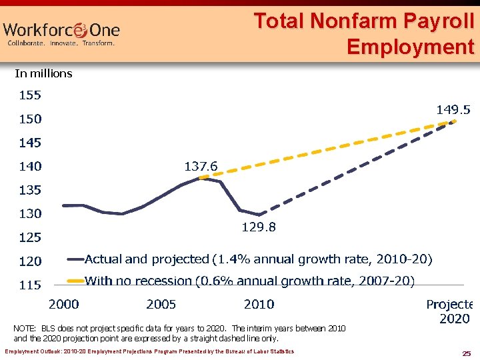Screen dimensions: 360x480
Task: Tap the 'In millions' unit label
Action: pos(43,73)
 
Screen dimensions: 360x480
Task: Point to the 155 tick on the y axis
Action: pos(29,95)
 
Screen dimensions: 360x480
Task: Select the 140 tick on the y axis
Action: pos(29,166)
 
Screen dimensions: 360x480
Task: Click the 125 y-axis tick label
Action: pos(29,237)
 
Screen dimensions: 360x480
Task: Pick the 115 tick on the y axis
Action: pos(29,285)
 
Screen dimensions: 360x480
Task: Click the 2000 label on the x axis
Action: pos(64,304)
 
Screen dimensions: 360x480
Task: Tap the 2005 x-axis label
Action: pos(161,304)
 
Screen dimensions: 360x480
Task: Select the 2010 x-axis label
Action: pos(259,304)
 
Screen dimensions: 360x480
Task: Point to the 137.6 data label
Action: pos(201,166)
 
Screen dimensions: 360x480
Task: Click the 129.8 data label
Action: pos(259,227)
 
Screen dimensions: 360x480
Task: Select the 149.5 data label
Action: pos(453,109)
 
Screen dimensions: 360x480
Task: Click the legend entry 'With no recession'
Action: pos(249,281)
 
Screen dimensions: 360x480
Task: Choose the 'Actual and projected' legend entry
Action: pos(258,258)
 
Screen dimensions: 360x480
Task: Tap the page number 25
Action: pos(467,352)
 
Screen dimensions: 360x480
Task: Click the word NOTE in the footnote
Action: pos(25,329)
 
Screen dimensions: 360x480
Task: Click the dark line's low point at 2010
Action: pos(259,215)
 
